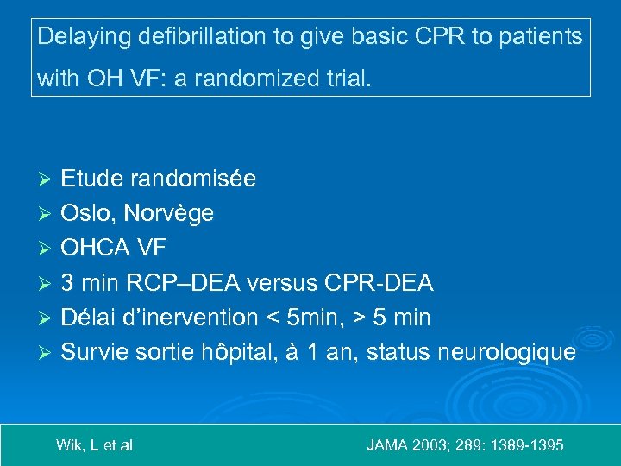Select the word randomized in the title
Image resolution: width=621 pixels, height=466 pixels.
click(x=248, y=80)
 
